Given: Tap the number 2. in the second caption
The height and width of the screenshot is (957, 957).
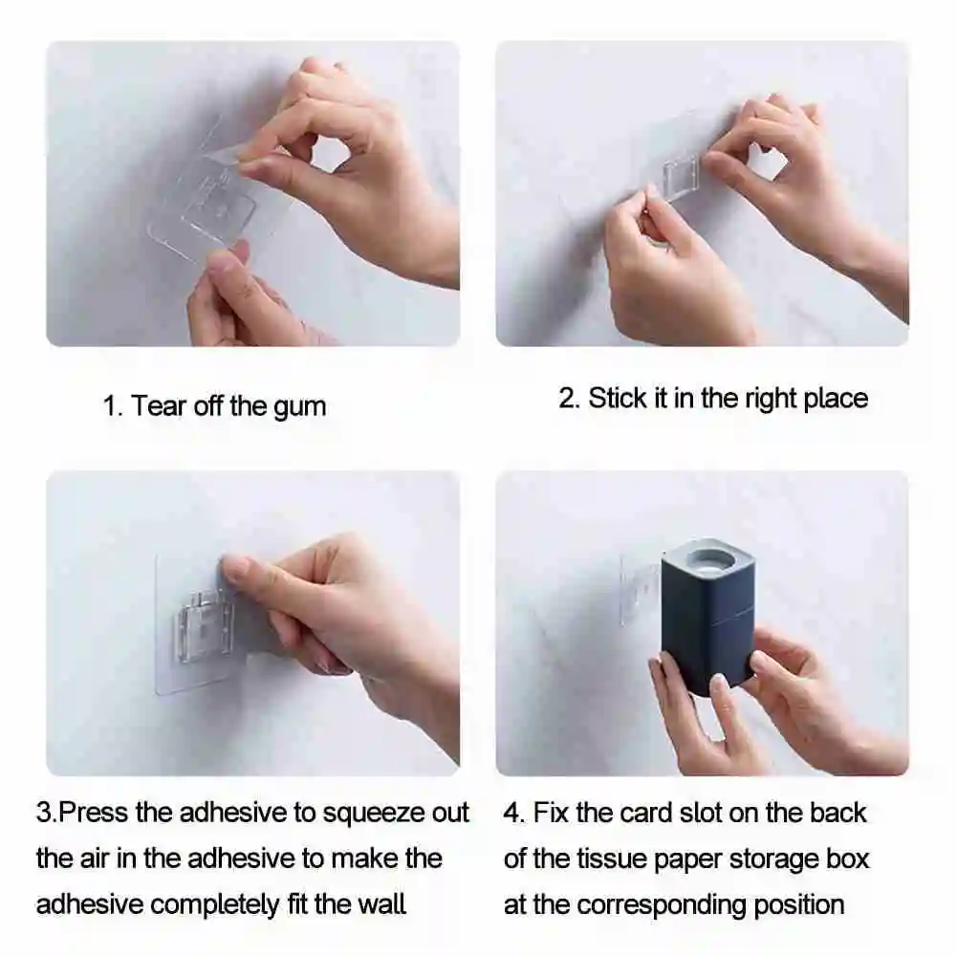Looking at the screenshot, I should click(x=569, y=399).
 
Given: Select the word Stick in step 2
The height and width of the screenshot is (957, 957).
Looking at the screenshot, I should click(x=619, y=398).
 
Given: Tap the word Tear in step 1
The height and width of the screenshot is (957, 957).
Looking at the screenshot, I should click(x=158, y=406).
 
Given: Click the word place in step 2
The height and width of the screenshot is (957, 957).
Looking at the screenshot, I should click(x=835, y=399).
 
